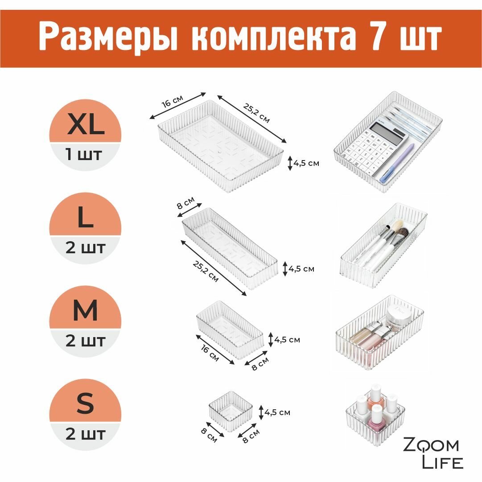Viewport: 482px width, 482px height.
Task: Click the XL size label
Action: click(86, 124)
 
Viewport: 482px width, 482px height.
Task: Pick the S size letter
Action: click(85, 404)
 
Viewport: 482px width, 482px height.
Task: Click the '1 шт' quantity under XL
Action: click(83, 154)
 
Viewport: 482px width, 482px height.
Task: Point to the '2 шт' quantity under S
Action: click(85, 434)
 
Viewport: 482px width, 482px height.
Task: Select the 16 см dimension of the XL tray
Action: click(173, 101)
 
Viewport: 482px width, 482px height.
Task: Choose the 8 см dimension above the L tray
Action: click(185, 203)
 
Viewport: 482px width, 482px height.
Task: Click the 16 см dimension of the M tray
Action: click(210, 353)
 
